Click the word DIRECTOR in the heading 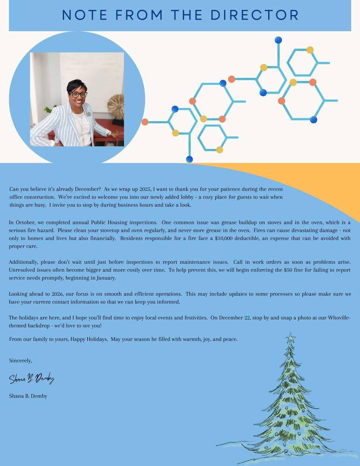[x=254, y=15]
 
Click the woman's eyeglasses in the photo [x=78, y=94]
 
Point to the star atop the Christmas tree [x=290, y=336]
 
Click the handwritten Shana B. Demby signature [x=32, y=378]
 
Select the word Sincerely [x=20, y=360]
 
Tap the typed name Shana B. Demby [x=28, y=396]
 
